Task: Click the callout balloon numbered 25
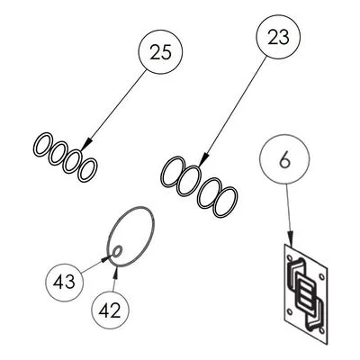pyautogui.click(x=160, y=51)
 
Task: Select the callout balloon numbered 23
pyautogui.click(x=278, y=37)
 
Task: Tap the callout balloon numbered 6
pyautogui.click(x=284, y=159)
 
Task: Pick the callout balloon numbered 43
pyautogui.click(x=65, y=283)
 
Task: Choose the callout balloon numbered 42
pyautogui.click(x=110, y=310)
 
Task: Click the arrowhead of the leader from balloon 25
pyautogui.click(x=85, y=145)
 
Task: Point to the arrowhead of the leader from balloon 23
pyautogui.click(x=203, y=158)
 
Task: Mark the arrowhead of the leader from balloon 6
pyautogui.click(x=290, y=238)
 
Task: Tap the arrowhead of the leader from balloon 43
pyautogui.click(x=107, y=257)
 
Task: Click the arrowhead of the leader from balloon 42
pyautogui.click(x=116, y=272)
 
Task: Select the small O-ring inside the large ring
pyautogui.click(x=117, y=251)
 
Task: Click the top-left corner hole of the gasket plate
pyautogui.click(x=290, y=257)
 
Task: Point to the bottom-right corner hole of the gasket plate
pyautogui.click(x=321, y=330)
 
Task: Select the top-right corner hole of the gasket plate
pyautogui.click(x=321, y=276)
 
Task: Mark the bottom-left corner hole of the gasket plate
pyautogui.click(x=290, y=311)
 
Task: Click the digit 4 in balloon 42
pyautogui.click(x=103, y=310)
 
